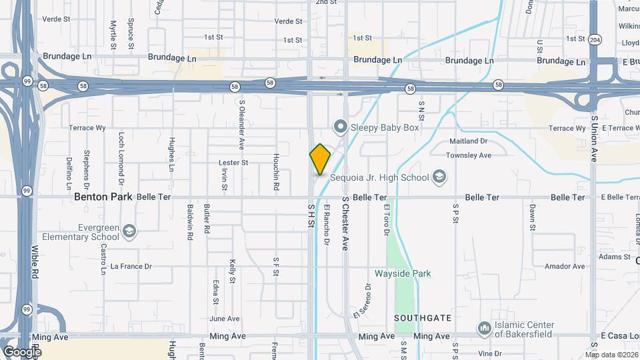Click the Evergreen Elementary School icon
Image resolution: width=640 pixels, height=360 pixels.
point(129,231)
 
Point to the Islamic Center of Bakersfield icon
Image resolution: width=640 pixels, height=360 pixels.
point(484,328)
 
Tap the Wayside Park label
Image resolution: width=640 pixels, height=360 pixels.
point(403,273)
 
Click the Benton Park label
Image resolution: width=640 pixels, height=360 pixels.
point(103,197)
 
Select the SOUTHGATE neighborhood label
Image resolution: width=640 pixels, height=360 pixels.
point(423,318)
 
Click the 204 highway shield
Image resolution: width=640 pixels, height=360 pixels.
point(595,39)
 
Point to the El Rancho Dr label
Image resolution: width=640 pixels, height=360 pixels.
point(327,225)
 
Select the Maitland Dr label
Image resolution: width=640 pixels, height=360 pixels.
point(469,141)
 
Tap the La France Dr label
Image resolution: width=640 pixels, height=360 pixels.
point(131,266)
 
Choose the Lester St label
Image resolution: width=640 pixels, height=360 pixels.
point(233,162)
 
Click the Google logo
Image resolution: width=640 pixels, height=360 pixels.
point(21,351)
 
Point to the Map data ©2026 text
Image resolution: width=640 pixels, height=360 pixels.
point(612,355)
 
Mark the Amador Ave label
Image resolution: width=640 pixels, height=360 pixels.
point(564,266)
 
